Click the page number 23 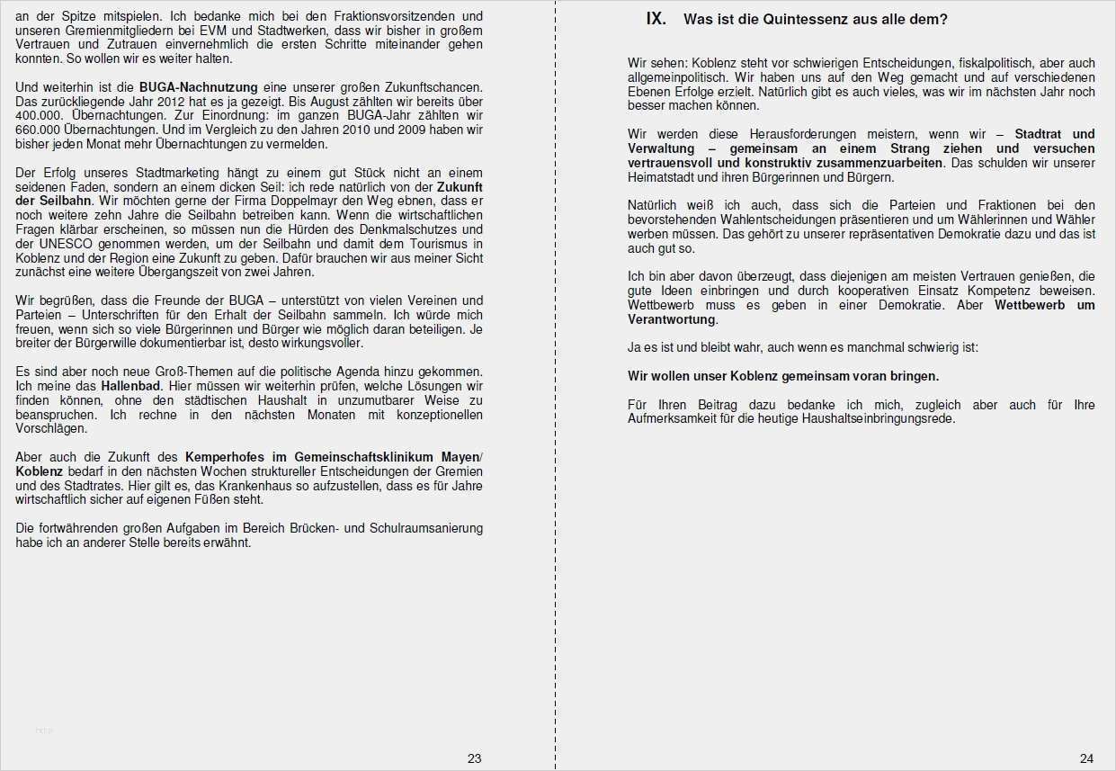point(474,758)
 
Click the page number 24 point(1086,758)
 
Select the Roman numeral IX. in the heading point(656,19)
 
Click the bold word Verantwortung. point(672,319)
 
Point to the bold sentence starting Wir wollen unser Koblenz point(782,376)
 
